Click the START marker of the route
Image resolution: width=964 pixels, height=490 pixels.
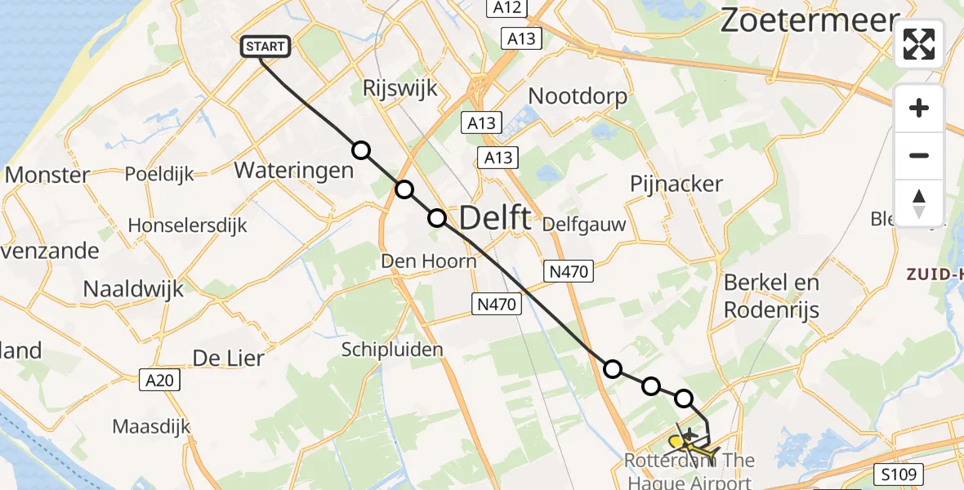coord(266,47)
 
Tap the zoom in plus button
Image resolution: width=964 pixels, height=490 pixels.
coord(919,108)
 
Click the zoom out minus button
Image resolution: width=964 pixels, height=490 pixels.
coord(919,155)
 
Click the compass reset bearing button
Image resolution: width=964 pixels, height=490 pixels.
coord(919,203)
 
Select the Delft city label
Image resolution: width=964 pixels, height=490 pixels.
coord(495,218)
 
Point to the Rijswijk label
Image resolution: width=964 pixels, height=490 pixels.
coord(401,88)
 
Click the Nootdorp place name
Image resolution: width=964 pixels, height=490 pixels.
coord(578,96)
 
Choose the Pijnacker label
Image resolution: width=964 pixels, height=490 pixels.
coord(676,184)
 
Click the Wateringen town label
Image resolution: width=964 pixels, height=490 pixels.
coord(293,170)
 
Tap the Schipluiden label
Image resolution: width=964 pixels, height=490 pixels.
coord(392,350)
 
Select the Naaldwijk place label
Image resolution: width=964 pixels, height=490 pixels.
coord(133,288)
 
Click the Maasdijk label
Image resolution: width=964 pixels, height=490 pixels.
coord(151,426)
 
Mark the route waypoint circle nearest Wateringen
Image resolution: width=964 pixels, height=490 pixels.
coord(360,150)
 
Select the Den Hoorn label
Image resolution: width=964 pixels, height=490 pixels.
coord(429,261)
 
